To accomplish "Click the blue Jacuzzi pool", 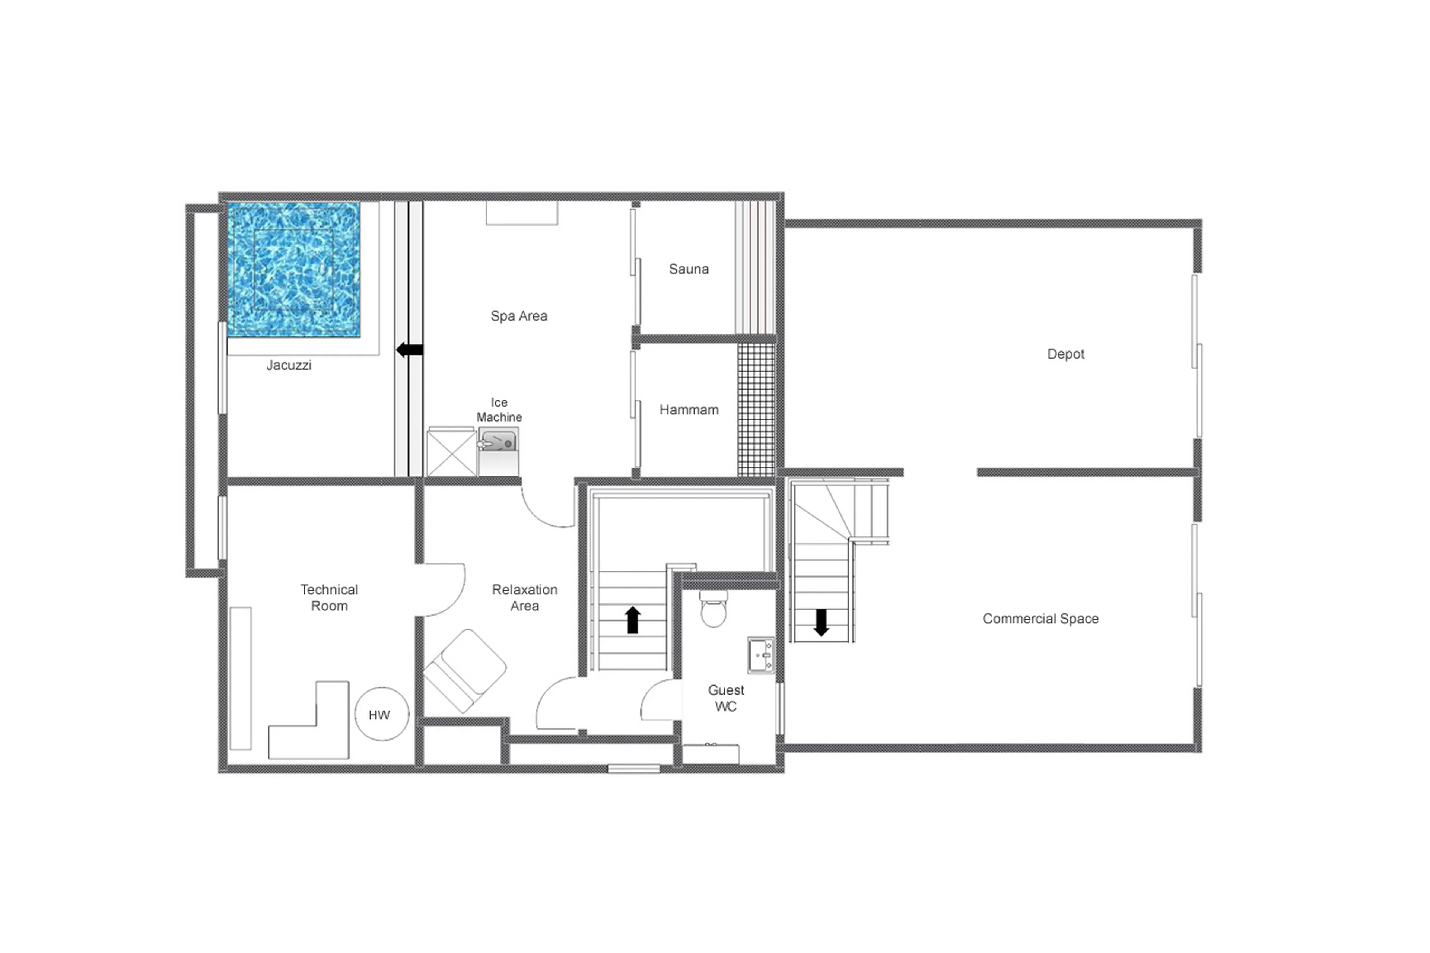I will tap(293, 269).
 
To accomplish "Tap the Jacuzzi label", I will tap(289, 365).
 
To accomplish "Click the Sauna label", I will tap(689, 269).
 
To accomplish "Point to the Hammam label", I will tap(689, 410).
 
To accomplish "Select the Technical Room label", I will tap(329, 597).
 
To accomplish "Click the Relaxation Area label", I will tap(524, 597).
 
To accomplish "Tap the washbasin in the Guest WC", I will tap(760, 655).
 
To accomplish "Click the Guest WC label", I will tap(726, 698).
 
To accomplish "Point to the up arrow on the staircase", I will tap(633, 620).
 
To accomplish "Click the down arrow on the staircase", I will tap(821, 622).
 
